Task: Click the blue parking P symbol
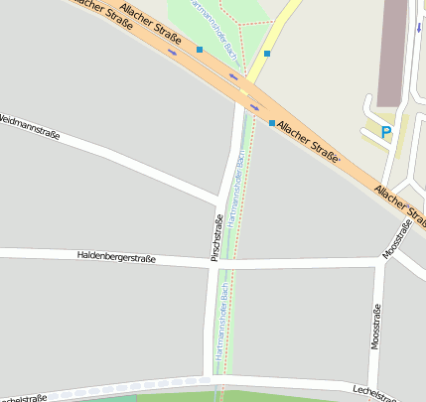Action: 386,131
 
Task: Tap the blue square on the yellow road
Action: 267,54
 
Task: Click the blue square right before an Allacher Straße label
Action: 272,122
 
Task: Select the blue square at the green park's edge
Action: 200,49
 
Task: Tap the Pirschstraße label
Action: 216,237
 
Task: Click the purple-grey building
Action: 391,50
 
